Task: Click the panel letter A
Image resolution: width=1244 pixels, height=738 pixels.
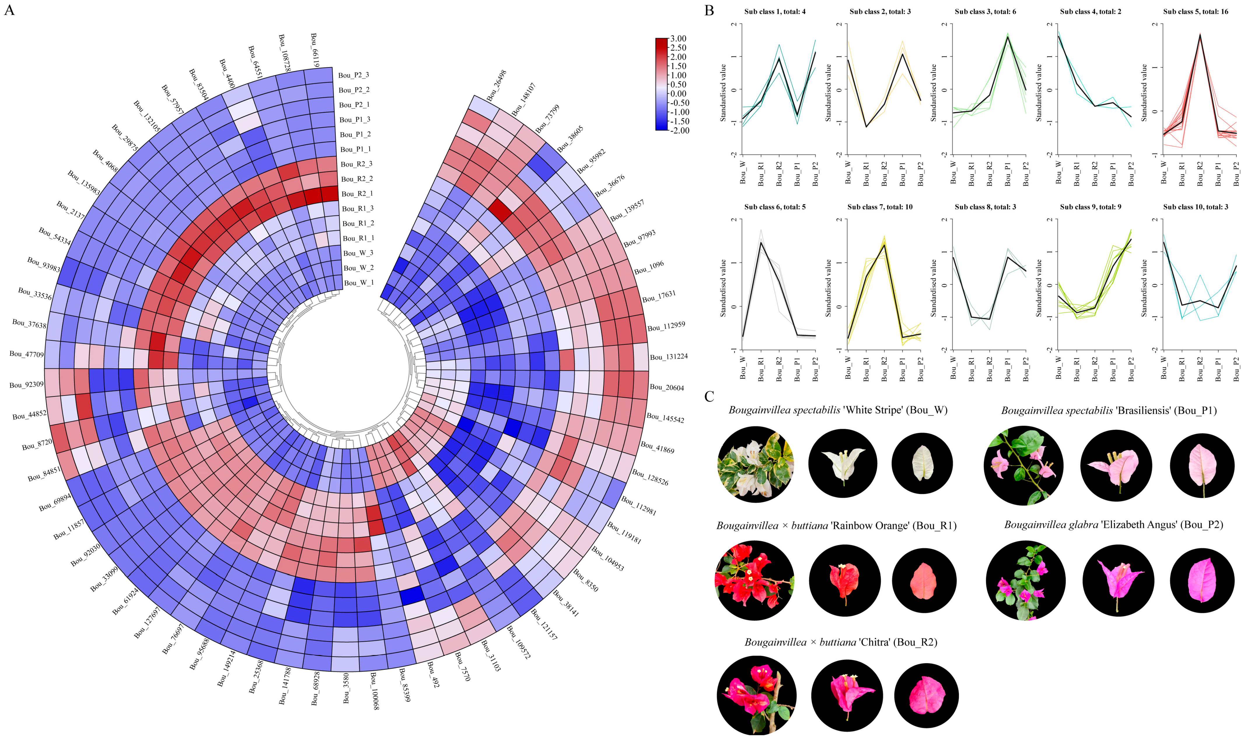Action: point(9,10)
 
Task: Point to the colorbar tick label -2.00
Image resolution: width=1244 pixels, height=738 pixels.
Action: point(678,130)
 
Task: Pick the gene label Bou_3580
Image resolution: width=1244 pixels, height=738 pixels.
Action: point(346,688)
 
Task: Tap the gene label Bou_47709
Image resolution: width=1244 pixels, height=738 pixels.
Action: point(27,354)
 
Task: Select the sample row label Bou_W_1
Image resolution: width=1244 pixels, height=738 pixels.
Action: point(358,283)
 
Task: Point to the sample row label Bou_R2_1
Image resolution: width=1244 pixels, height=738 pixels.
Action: point(357,194)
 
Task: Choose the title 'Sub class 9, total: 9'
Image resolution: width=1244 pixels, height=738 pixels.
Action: point(1091,207)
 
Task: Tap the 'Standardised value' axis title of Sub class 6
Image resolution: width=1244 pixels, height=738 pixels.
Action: point(723,288)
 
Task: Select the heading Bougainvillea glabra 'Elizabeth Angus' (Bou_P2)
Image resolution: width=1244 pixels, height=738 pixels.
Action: point(1113,525)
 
